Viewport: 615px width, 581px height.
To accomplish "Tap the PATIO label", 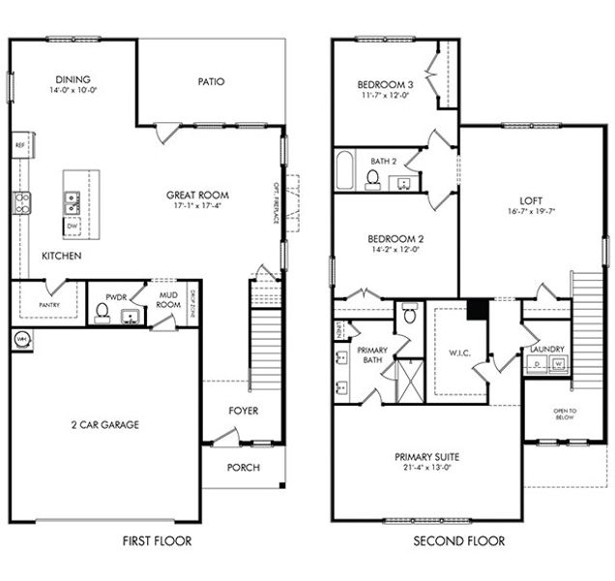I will [x=211, y=81].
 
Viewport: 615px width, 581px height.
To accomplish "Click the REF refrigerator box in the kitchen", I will [x=19, y=145].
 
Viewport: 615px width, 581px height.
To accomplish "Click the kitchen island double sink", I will [x=73, y=201].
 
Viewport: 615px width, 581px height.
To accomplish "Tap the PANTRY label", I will [x=49, y=305].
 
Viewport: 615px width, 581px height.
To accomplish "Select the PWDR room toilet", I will [x=102, y=312].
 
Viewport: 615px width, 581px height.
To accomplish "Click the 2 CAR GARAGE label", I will [x=105, y=424].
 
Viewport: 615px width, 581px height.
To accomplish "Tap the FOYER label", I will [x=243, y=410].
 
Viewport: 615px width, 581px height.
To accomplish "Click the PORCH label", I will [x=243, y=466].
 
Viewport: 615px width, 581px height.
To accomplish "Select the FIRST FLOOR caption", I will [x=158, y=540].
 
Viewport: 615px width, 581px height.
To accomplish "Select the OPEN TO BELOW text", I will [x=565, y=414].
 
